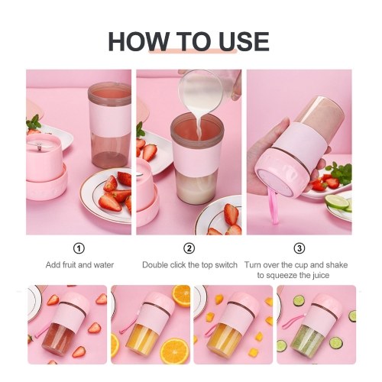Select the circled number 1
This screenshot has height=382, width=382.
79,248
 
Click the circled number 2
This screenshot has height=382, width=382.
189,248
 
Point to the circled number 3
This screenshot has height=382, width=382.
299,248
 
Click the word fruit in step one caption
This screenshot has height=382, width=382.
69,265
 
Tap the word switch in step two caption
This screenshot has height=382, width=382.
226,265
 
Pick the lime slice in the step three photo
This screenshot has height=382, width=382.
337,202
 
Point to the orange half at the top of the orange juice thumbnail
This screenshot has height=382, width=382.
181,296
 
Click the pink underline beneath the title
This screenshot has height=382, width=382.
193,51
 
